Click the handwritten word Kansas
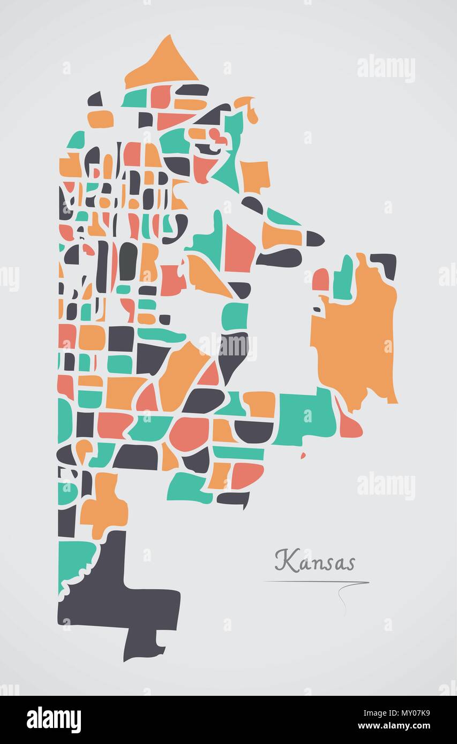(315, 561)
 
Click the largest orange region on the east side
(356, 337)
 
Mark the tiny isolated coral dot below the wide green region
(303, 455)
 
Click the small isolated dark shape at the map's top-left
(95, 100)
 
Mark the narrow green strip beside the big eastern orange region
(343, 278)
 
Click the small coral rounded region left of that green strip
(320, 280)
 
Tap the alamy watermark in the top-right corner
(386, 69)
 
